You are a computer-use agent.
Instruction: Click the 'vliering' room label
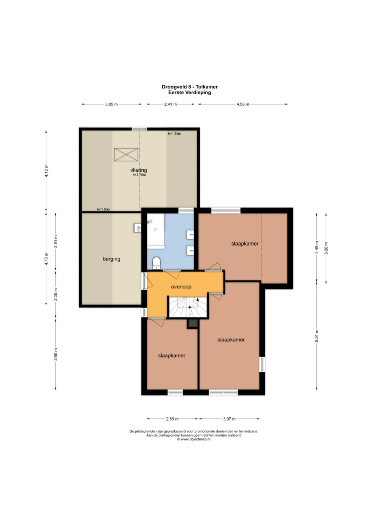coord(138,170)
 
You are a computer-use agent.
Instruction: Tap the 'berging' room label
coord(111,259)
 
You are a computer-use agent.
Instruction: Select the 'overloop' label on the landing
coord(181,287)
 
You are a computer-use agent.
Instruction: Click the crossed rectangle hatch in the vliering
coord(126,155)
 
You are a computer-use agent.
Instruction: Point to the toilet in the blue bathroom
coord(156,263)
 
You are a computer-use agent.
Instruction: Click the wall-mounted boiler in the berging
coord(137,228)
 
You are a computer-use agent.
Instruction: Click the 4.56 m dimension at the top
coord(243,104)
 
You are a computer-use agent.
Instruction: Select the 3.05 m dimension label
coord(111,104)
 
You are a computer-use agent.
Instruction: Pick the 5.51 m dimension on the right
coord(316,336)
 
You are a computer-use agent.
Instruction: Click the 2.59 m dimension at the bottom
coord(172,419)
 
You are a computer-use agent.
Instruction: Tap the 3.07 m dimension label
coord(229,419)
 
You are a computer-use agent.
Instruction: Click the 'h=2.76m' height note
coord(139,175)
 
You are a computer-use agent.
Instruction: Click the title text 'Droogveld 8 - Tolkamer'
coord(190,87)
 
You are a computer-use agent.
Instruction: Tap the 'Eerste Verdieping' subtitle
coord(190,92)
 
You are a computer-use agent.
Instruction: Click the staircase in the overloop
coord(188,307)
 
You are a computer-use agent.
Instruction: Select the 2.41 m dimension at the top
coord(171,104)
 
